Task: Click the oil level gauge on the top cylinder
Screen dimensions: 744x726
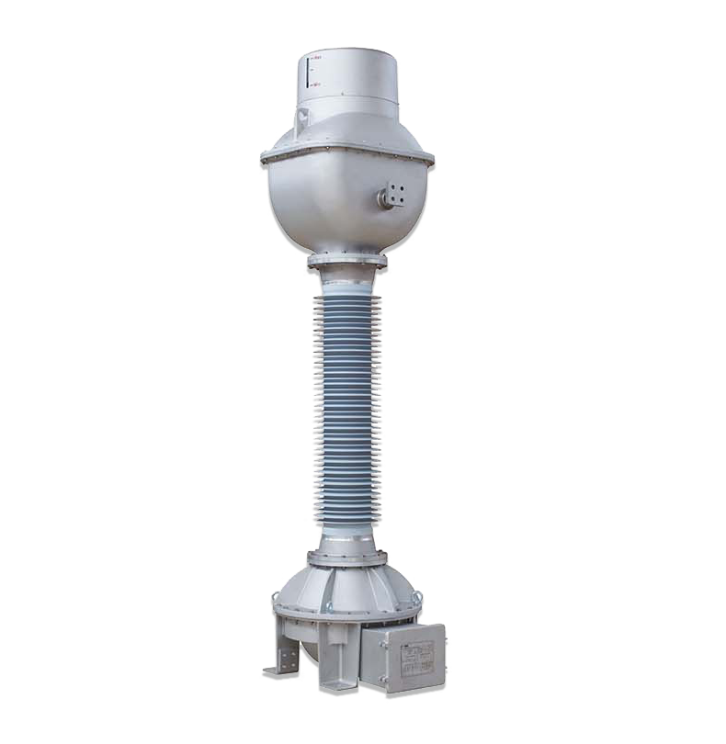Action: [307, 72]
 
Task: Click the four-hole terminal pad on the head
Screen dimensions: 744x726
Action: [397, 193]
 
